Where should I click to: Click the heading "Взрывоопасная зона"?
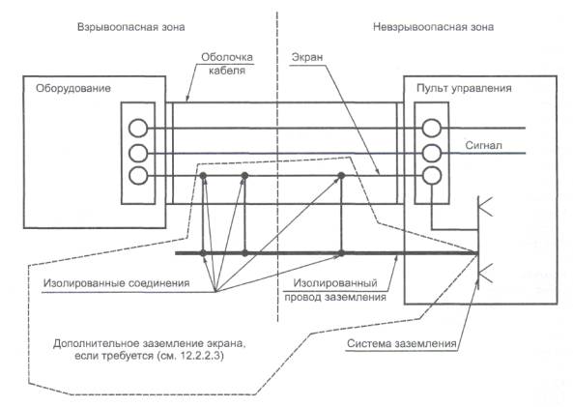coord(130,27)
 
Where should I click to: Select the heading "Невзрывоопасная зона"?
coord(433,27)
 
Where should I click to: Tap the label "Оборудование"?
coord(73,89)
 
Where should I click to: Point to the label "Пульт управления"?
coord(464,89)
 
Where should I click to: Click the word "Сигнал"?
coord(483,146)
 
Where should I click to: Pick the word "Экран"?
coord(307,57)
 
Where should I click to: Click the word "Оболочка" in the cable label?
coord(227,57)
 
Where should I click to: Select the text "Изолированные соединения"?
coord(116,283)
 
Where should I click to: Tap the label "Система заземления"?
coord(402,344)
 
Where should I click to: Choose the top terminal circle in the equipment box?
coord(138,128)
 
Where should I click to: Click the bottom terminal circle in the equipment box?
coord(138,176)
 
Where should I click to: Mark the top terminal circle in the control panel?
coord(432,128)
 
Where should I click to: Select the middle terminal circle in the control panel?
coord(432,153)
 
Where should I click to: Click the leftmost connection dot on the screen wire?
coord(204,176)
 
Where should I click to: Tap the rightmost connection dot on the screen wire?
coord(341,176)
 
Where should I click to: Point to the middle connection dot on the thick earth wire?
coord(244,253)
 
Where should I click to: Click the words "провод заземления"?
coord(335,298)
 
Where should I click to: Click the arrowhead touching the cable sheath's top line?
coord(187,100)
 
